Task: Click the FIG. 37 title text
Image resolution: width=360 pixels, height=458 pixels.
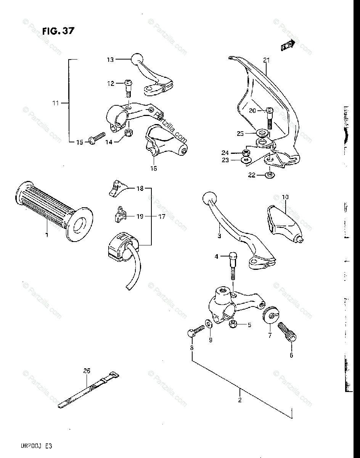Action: pos(58,31)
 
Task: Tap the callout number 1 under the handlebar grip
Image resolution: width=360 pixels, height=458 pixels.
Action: pos(47,235)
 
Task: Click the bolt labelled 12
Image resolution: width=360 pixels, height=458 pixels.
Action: pos(128,88)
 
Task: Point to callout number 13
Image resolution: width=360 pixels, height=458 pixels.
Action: pos(110,60)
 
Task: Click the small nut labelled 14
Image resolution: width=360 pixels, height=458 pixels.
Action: pos(129,133)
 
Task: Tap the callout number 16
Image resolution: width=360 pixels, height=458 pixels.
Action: pos(153,168)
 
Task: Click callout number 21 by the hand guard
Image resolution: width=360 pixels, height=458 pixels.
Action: pos(266,60)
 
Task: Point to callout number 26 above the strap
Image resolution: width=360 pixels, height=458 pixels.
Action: pos(87,371)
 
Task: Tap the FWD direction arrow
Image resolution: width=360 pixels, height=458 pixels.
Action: pos(288,45)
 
